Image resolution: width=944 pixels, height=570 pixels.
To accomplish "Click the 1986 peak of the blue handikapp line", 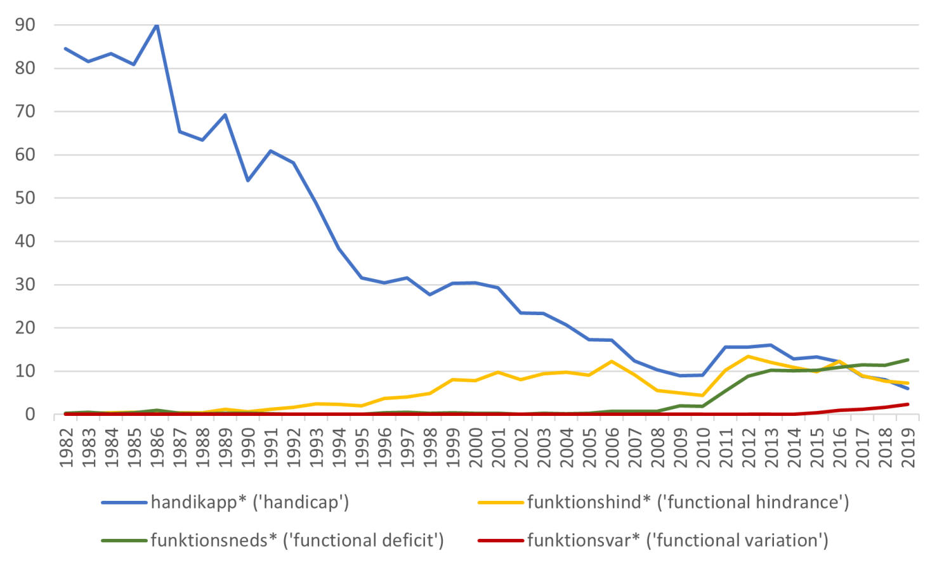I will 157,25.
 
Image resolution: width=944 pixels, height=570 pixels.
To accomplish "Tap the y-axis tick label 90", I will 25,25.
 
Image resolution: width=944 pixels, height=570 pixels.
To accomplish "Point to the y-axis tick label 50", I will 25,198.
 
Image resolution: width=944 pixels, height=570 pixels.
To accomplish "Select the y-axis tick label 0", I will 30,415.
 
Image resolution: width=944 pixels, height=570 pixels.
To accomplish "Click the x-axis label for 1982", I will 67,448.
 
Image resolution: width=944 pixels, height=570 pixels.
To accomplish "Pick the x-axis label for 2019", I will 908,448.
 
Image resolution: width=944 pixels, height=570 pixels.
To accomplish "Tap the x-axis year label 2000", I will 476,448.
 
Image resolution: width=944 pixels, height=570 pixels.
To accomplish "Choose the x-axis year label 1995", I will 362,448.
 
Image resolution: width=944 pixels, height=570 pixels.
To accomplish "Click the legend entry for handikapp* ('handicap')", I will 249,502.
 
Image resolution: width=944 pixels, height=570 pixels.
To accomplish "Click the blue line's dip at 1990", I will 247,181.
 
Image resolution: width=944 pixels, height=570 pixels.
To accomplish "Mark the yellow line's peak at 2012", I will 749,356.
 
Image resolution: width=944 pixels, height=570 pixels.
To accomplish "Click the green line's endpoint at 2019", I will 908,359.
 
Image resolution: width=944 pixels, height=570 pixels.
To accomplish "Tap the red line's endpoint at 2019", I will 908,405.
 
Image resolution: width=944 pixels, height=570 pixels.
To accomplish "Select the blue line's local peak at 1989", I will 225,115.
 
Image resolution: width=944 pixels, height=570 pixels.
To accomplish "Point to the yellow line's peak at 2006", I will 612,361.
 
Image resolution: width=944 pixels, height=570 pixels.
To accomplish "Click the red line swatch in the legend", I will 501,540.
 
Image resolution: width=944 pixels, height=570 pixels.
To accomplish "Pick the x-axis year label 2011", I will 726,448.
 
